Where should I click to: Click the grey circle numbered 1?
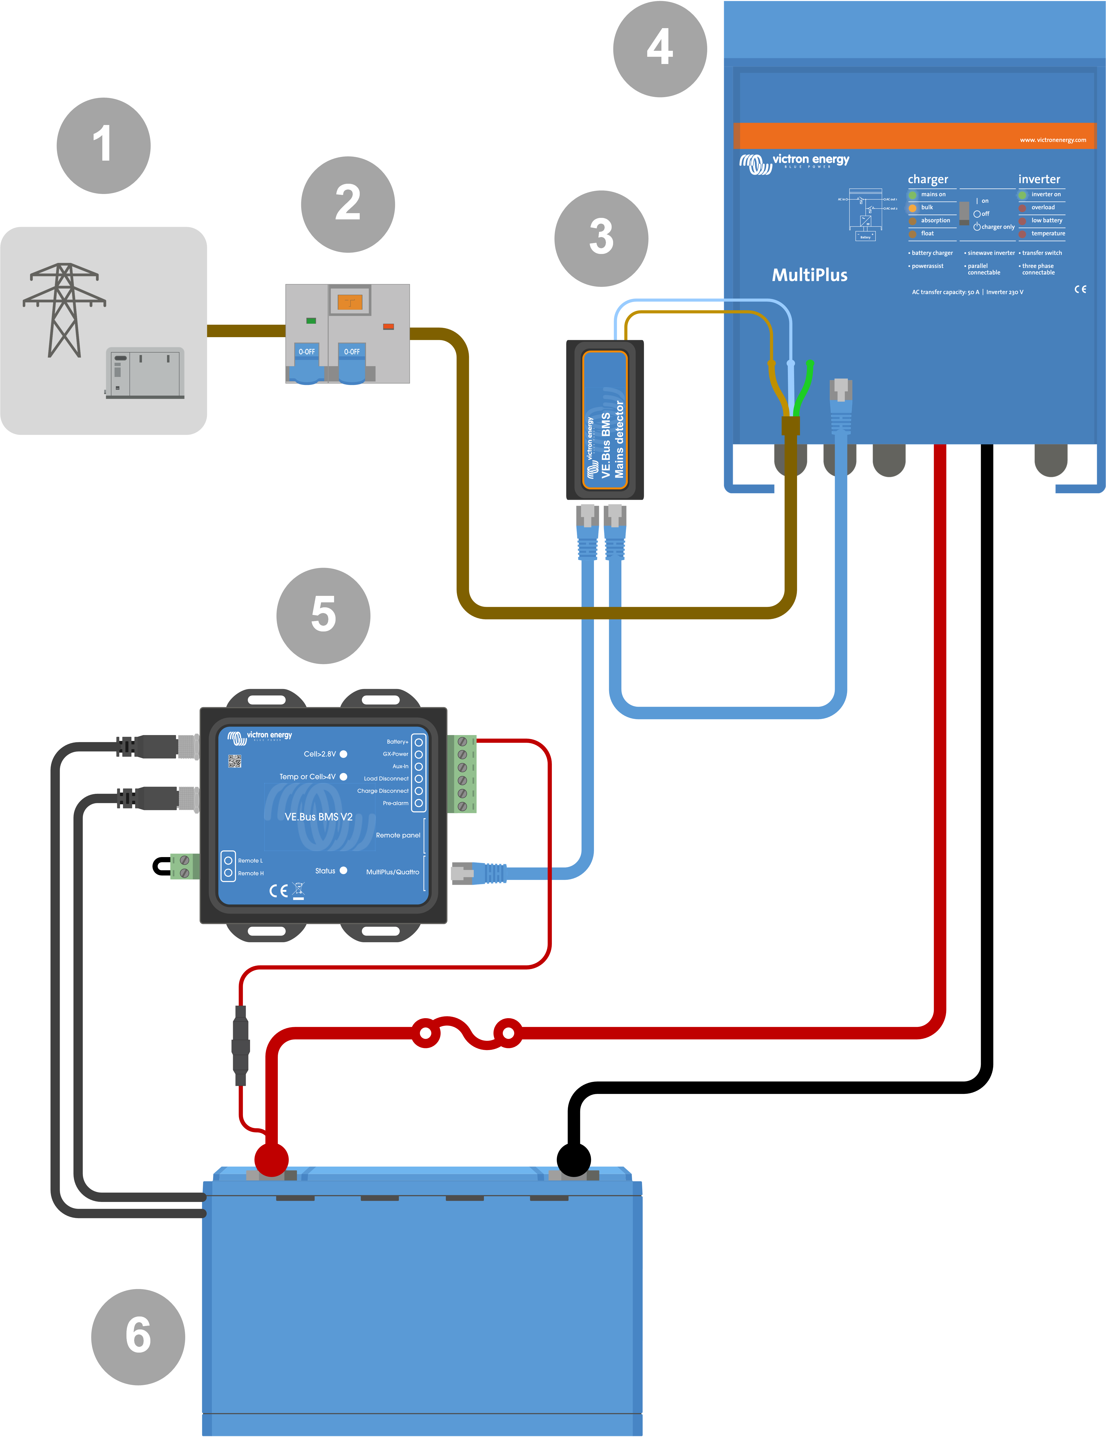(103, 145)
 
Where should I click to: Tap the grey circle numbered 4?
(660, 49)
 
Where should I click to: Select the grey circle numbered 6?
(138, 1336)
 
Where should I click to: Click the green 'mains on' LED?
(913, 195)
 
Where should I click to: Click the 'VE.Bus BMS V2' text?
(318, 816)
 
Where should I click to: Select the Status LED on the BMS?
(344, 871)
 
